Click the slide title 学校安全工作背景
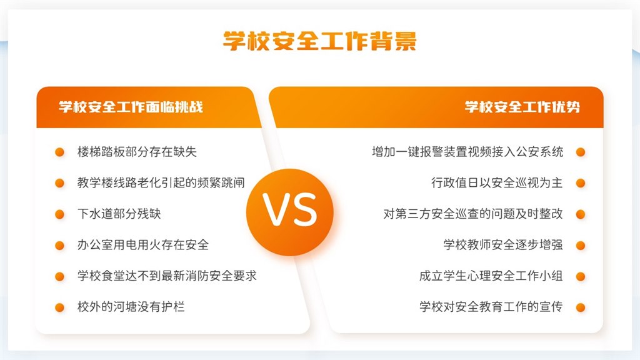click(x=319, y=41)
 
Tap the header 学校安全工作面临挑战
click(x=131, y=107)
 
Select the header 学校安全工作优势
click(x=522, y=107)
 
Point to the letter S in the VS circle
click(x=304, y=209)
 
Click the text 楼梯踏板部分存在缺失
click(x=137, y=152)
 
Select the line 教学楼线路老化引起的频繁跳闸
click(x=161, y=182)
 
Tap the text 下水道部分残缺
click(x=119, y=214)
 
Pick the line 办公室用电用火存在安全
click(x=143, y=245)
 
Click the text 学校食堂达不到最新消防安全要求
click(x=167, y=276)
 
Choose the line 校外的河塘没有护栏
click(x=131, y=306)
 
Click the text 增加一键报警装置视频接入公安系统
click(x=467, y=152)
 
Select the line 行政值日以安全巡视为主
click(x=497, y=182)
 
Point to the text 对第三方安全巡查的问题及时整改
click(x=474, y=214)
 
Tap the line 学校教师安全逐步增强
click(x=503, y=245)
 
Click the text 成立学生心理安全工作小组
click(x=491, y=276)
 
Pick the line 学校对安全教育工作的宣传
click(x=491, y=306)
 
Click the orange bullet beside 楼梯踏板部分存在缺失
click(x=59, y=152)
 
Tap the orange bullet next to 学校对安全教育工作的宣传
click(x=581, y=307)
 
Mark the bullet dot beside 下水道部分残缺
click(x=59, y=214)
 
